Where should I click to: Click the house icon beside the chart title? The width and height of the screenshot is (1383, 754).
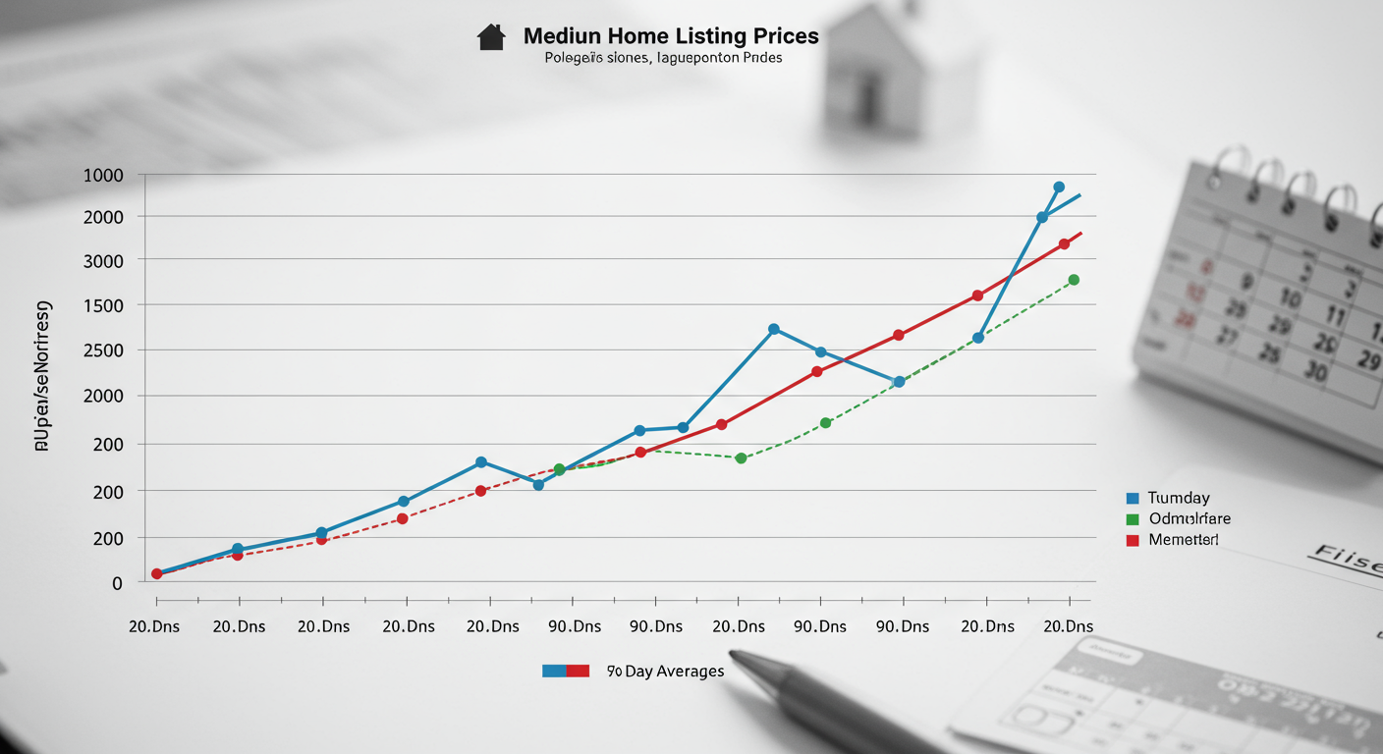(x=490, y=37)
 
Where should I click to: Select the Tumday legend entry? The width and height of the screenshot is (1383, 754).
(x=1178, y=498)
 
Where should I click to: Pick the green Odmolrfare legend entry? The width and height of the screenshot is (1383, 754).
(x=1189, y=518)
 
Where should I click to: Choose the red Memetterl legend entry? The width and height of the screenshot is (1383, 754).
(x=1183, y=540)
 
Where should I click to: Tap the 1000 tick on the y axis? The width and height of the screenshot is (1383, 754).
(x=103, y=176)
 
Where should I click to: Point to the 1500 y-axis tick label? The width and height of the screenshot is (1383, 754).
(x=103, y=305)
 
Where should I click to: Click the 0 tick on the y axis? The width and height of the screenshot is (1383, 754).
(x=117, y=583)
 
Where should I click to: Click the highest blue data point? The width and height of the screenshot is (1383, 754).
(x=1059, y=187)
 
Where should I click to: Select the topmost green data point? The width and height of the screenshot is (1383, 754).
(x=1074, y=280)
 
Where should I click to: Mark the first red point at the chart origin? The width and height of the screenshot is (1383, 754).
(x=156, y=573)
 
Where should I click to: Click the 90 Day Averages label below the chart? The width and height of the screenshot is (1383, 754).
(x=665, y=672)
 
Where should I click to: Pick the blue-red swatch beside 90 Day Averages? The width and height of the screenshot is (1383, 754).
(x=565, y=672)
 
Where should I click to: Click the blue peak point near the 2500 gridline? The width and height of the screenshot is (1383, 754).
(x=774, y=329)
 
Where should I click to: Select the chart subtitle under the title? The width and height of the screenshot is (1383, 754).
(x=663, y=58)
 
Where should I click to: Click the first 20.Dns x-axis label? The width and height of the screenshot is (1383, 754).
(x=154, y=626)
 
